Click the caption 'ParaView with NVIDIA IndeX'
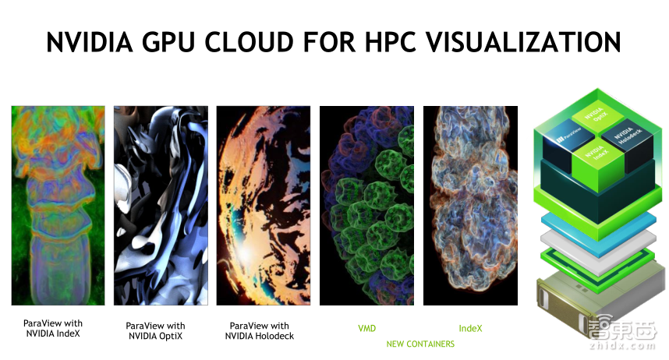pos(52,328)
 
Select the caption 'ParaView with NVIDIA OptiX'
pos(155,330)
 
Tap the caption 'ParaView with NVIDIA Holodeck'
pos(259,330)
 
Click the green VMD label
pos(366,328)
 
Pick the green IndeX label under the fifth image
pos(470,328)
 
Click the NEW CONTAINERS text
pos(420,344)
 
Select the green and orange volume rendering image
pos(58,205)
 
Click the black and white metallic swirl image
pos(161,205)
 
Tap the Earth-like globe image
pos(263,205)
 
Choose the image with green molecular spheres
pos(366,205)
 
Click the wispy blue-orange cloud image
pos(470,205)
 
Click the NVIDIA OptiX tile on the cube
pos(597,117)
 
